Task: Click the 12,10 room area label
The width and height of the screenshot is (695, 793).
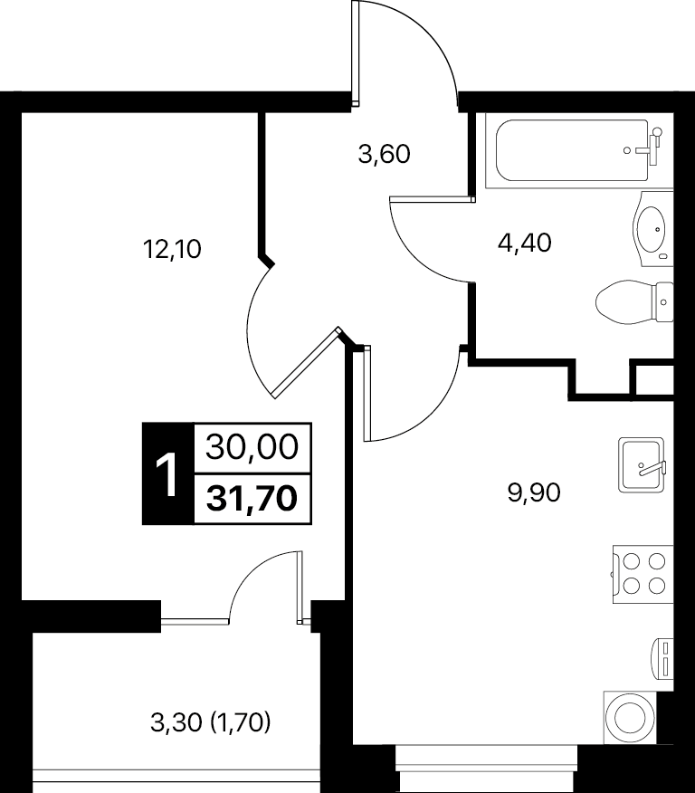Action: (172, 250)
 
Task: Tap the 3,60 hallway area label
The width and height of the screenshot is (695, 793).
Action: (384, 154)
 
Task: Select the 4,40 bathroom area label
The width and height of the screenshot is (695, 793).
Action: (525, 244)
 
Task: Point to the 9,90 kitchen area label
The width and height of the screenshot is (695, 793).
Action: (534, 492)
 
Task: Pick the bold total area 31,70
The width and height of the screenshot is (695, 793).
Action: (252, 499)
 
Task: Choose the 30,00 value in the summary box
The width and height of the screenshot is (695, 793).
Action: (252, 447)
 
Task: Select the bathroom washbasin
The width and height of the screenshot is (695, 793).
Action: (653, 229)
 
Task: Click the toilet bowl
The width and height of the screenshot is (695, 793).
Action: (635, 302)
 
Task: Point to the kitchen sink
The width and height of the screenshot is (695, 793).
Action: (643, 465)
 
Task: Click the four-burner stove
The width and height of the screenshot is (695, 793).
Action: (643, 574)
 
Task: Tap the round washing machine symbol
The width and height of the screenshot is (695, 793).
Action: (631, 718)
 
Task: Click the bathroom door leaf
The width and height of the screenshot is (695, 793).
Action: (433, 199)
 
